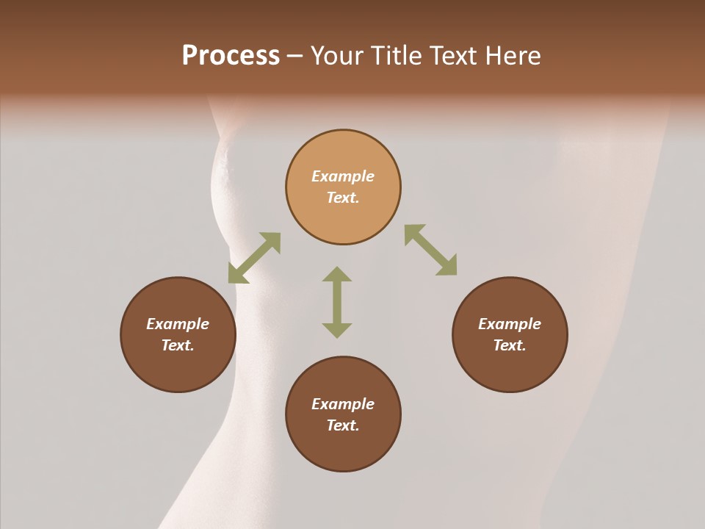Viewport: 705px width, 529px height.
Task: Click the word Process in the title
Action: [x=231, y=56]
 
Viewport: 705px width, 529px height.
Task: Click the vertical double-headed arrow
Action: [x=337, y=302]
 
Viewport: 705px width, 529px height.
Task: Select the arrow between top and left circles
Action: [x=254, y=258]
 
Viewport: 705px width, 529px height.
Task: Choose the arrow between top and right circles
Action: [x=430, y=250]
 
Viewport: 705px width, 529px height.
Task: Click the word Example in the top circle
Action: [x=343, y=176]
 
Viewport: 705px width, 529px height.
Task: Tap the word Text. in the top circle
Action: [x=343, y=198]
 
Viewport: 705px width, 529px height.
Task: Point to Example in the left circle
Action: [x=178, y=324]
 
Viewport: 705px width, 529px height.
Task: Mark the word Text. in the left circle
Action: [x=178, y=345]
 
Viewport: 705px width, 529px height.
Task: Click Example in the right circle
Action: [x=510, y=324]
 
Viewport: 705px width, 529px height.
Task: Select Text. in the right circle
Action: [x=510, y=345]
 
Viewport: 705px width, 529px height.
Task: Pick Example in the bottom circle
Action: [x=343, y=404]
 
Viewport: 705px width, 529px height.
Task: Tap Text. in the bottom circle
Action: [x=343, y=425]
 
